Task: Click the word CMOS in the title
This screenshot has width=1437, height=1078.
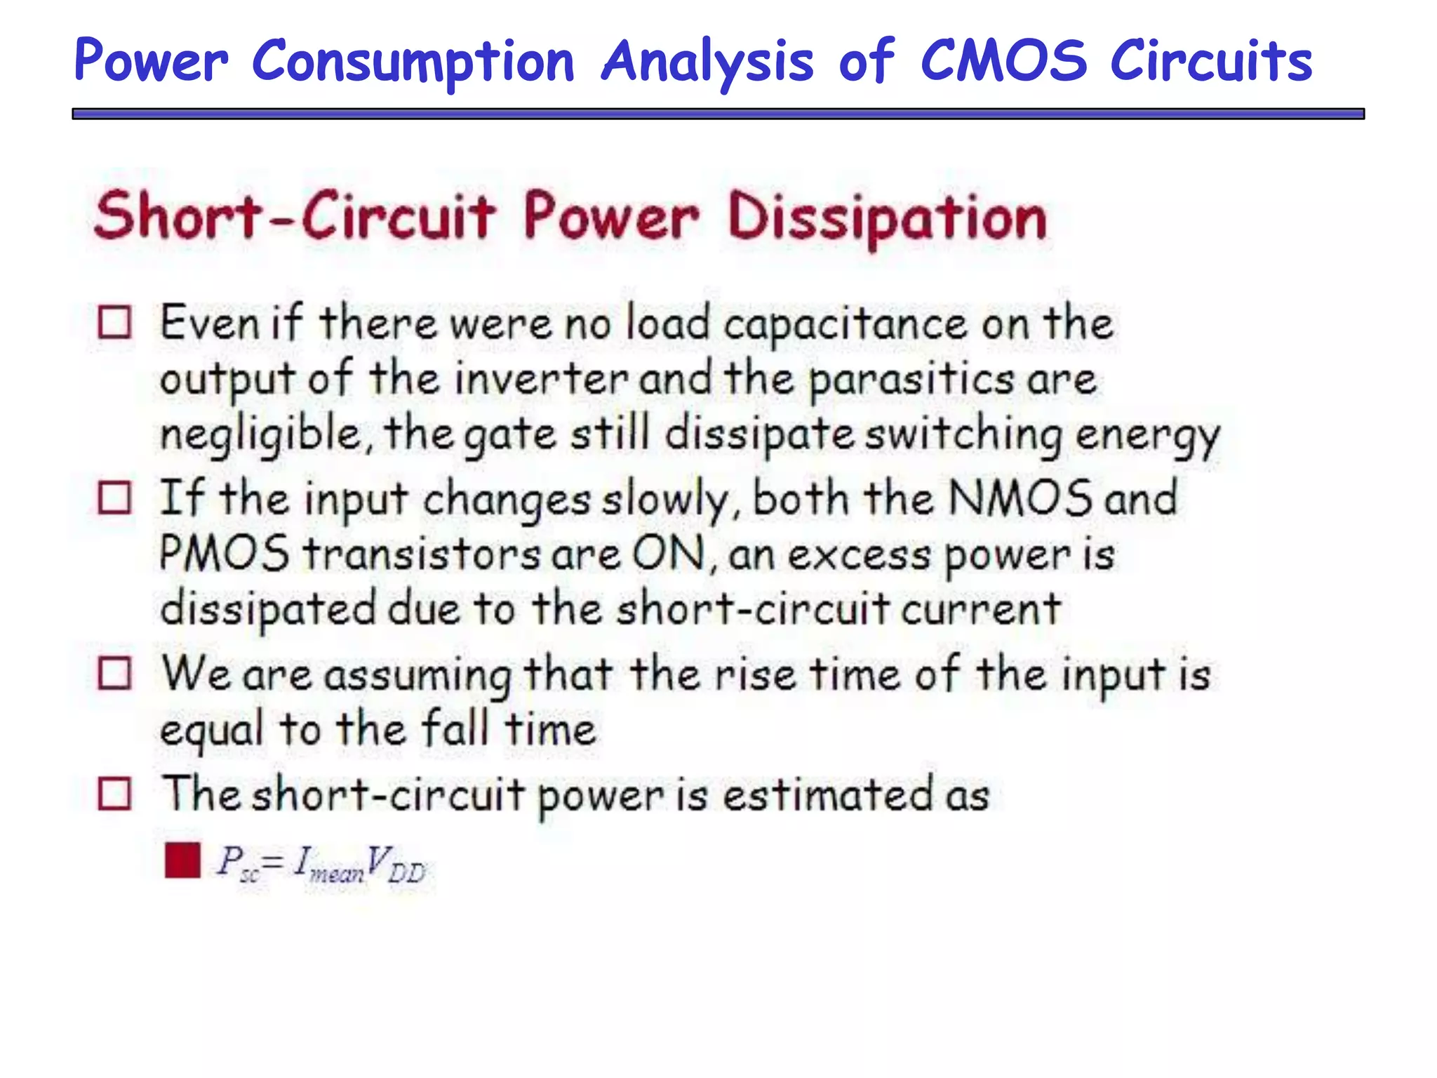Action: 1003,60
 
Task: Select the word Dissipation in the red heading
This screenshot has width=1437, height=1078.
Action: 888,218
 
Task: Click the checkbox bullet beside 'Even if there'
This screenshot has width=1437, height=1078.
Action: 114,323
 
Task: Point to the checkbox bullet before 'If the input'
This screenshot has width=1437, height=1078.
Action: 114,498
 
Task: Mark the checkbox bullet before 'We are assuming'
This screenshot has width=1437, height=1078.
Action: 114,673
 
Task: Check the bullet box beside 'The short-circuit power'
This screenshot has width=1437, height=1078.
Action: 114,794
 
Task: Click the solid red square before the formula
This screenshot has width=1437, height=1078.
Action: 182,860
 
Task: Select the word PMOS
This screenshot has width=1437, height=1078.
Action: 224,553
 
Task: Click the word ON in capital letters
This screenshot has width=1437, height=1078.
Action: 668,553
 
